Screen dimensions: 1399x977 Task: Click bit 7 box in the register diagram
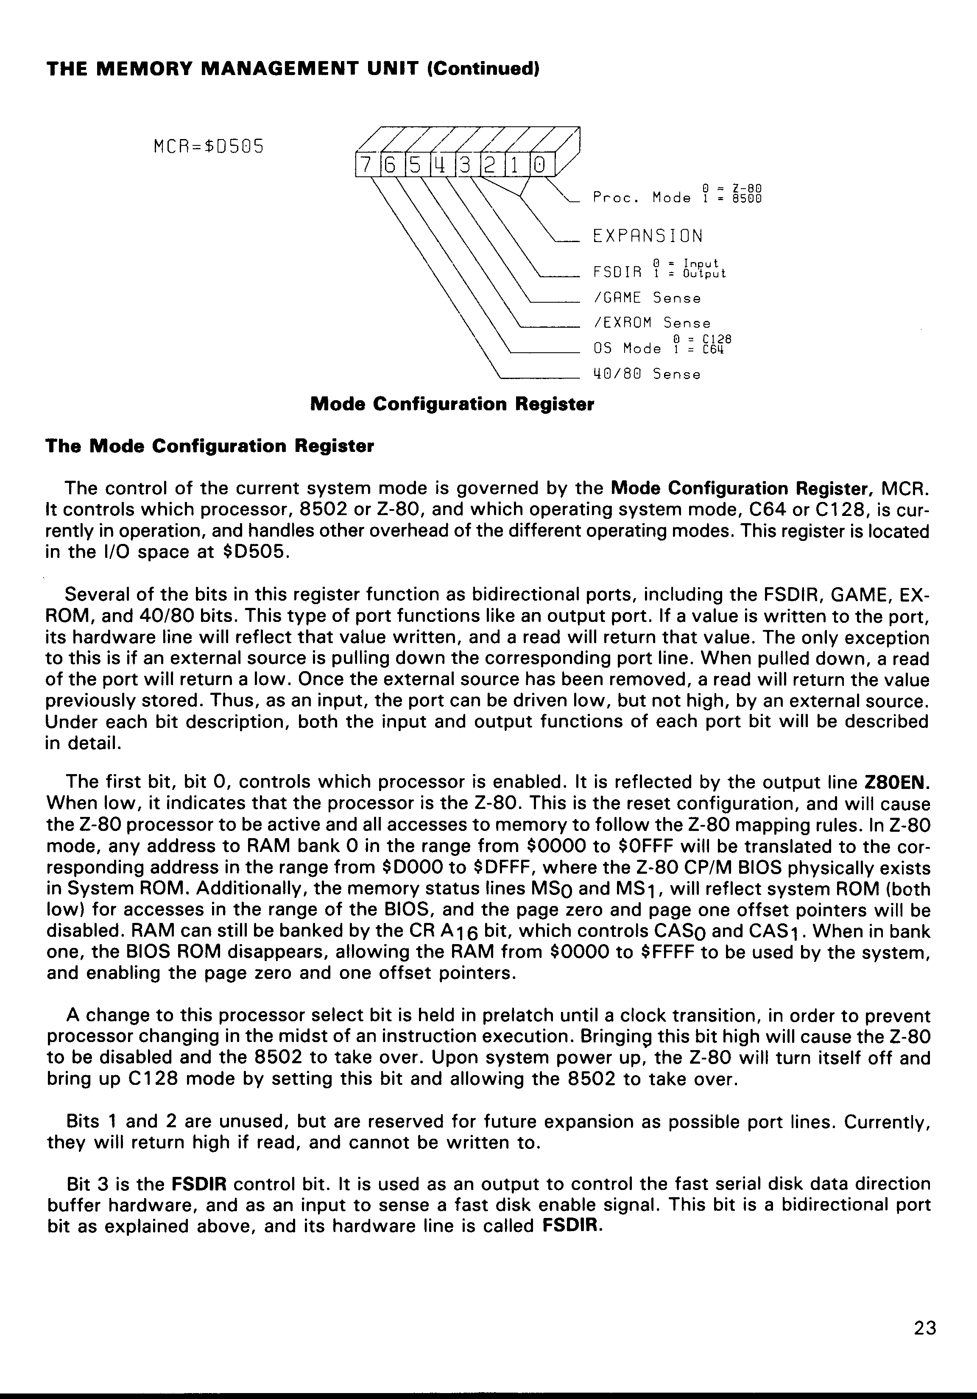tap(367, 165)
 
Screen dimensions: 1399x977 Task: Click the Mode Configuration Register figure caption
tap(452, 404)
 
